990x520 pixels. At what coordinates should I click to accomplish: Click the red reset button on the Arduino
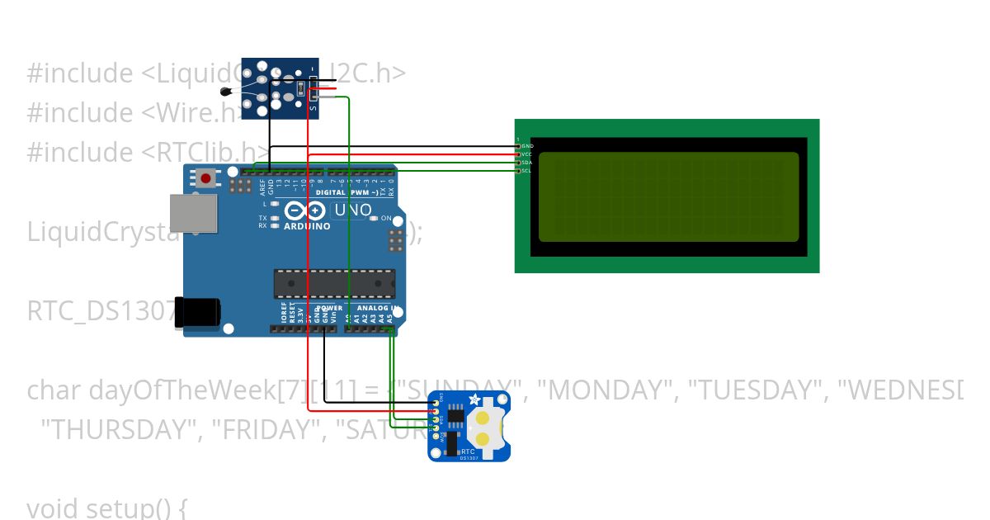point(206,177)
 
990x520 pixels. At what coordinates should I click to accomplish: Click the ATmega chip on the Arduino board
point(334,283)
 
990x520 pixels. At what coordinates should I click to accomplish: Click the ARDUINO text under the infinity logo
point(307,225)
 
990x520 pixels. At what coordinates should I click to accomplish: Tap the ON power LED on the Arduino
point(375,218)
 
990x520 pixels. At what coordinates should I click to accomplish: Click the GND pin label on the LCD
point(528,146)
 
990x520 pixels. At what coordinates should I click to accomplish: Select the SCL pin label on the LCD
point(528,171)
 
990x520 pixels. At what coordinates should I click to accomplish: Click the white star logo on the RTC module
point(474,399)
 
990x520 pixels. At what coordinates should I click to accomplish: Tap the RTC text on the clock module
point(468,451)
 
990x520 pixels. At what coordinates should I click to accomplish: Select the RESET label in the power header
point(291,314)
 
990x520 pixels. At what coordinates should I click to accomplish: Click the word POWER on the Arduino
point(329,308)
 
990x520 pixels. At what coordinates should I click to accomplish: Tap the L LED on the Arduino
point(274,203)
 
